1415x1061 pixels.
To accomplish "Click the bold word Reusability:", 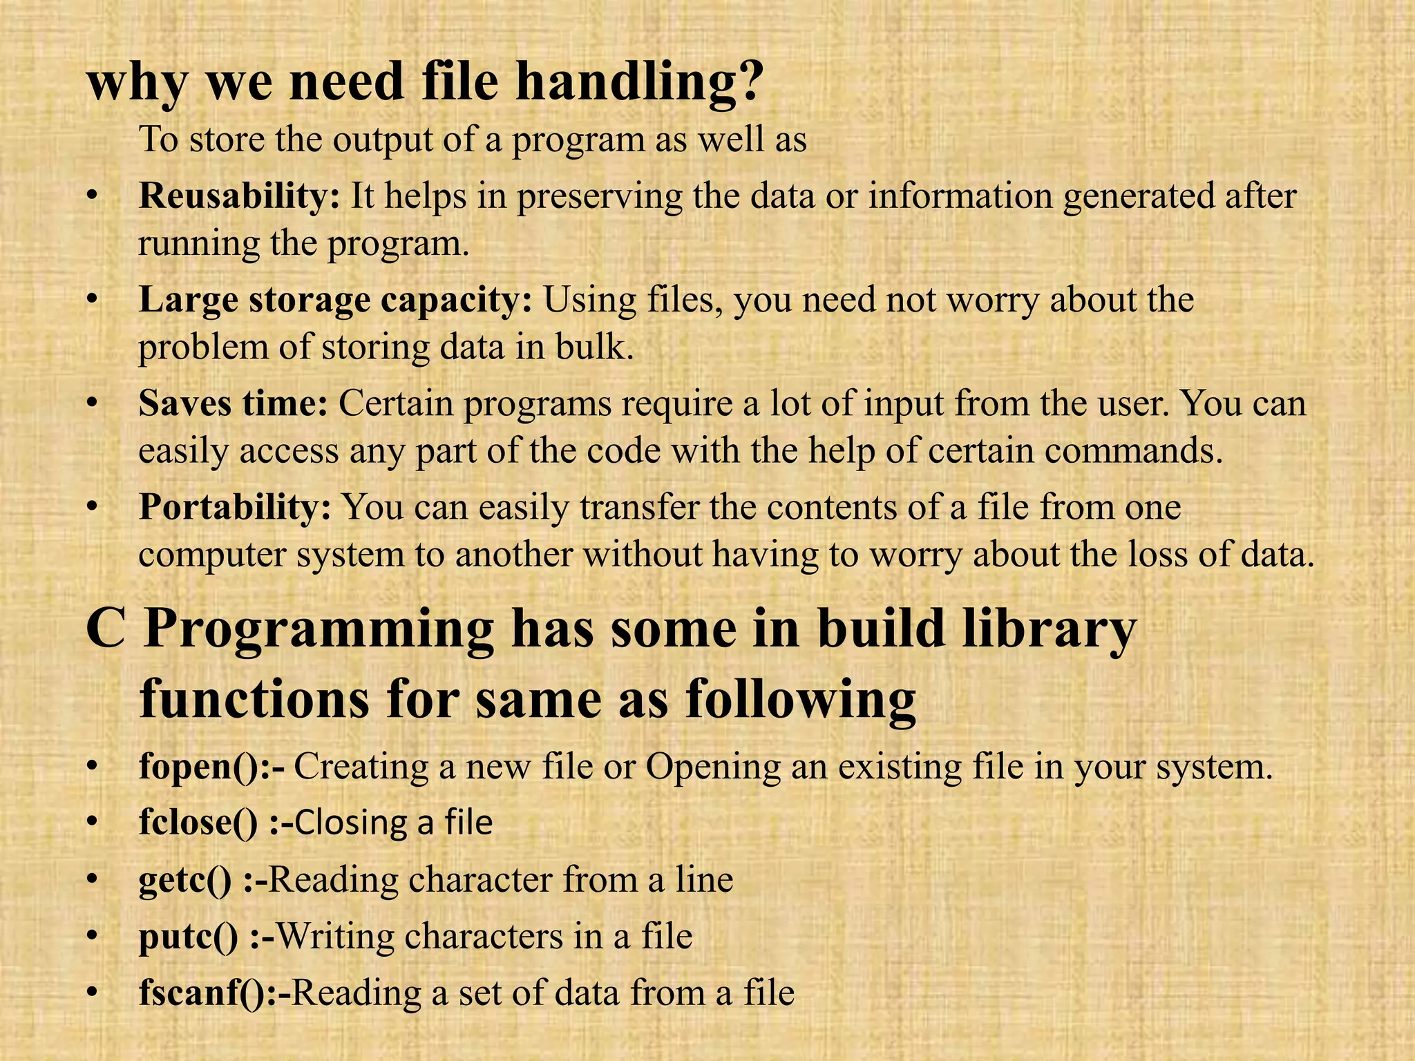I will [x=239, y=196].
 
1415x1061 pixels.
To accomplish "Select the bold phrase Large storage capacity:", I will [x=335, y=300].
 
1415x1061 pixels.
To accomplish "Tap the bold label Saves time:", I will [x=233, y=404].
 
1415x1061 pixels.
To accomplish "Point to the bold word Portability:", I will [x=235, y=508].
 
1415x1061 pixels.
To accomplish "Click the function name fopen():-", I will [x=211, y=767].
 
